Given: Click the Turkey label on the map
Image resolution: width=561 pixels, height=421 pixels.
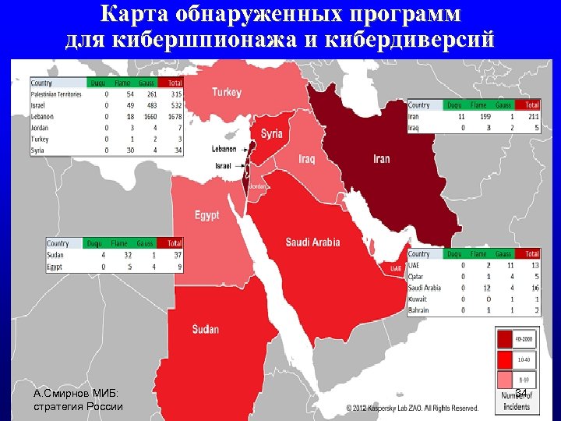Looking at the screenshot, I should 227,92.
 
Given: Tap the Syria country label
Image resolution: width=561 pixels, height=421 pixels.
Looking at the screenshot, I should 271,133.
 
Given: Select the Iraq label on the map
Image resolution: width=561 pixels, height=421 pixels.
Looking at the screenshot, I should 306,159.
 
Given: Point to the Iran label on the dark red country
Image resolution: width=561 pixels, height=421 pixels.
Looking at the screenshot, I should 382,159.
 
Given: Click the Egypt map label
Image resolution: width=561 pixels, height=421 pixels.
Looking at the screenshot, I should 206,214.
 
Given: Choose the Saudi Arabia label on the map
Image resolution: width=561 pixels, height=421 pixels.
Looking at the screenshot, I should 312,242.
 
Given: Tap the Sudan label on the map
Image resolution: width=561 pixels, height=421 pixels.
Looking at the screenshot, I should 206,329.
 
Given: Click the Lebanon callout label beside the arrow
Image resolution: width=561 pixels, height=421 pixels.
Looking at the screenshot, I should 224,148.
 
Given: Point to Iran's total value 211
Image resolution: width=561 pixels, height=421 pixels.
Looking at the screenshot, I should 531,116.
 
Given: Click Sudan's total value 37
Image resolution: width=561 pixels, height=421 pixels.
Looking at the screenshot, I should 177,255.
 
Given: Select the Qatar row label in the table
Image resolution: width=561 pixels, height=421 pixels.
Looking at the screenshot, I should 418,276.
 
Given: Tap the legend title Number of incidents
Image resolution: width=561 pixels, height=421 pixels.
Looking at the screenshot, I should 517,401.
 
